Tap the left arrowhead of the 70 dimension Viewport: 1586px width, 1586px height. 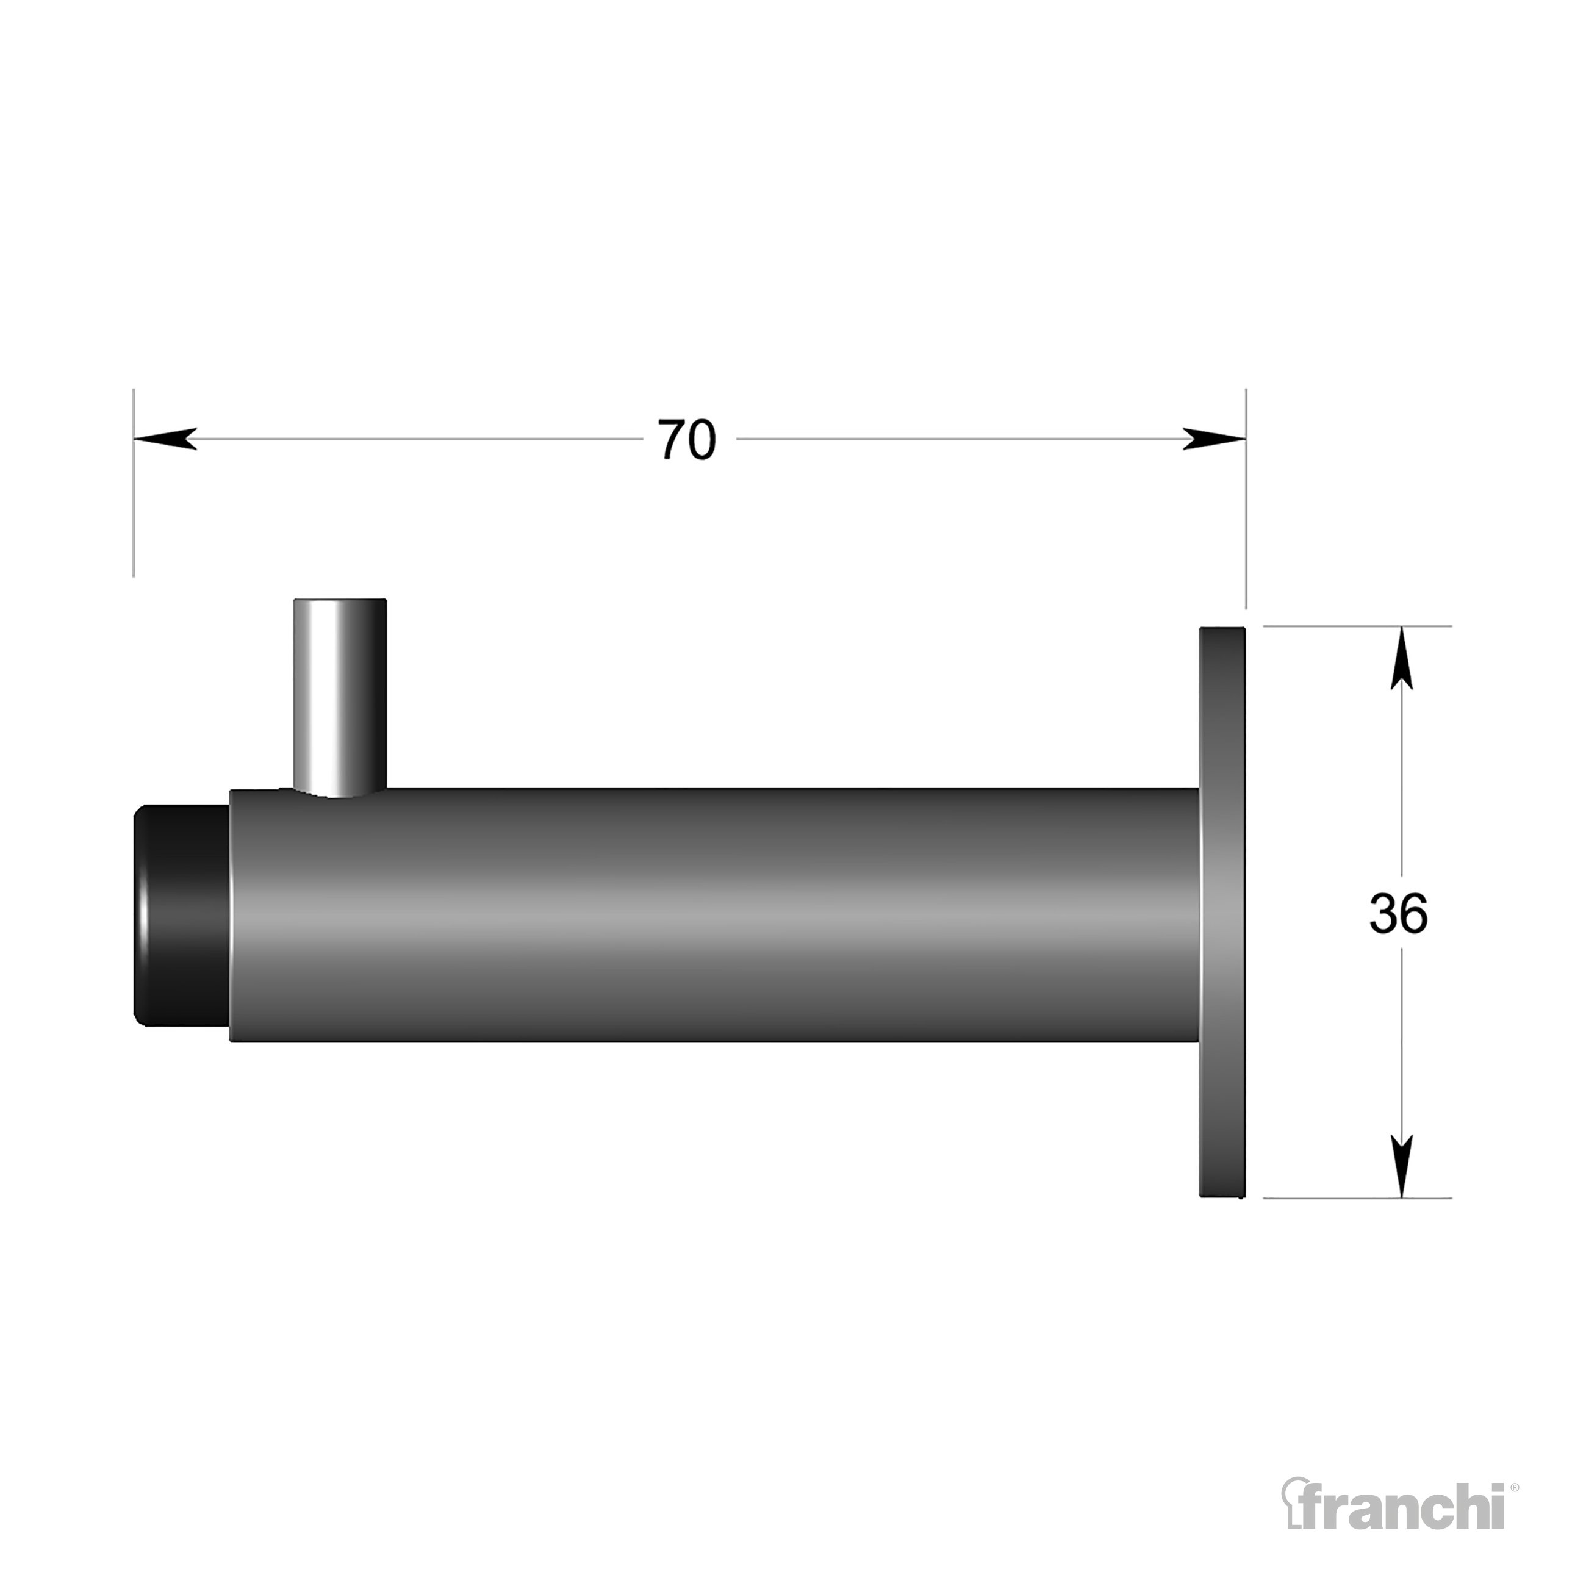[165, 439]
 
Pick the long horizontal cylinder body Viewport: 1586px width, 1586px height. [714, 916]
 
